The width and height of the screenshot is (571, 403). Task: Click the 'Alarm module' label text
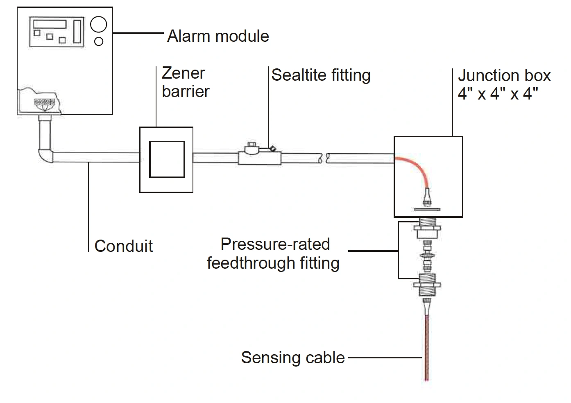coord(218,36)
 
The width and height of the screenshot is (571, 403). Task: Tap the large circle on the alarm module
coord(98,25)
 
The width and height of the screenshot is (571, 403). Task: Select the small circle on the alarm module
coord(99,41)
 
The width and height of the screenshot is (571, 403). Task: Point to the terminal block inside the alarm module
coord(44,102)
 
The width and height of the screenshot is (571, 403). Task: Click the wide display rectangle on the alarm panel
coord(50,23)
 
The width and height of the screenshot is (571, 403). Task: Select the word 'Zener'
coord(183,73)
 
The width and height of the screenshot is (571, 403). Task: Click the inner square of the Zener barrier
coord(167,159)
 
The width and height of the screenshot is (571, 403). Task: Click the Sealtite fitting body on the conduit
coord(259,157)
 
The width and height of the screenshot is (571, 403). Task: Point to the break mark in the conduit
coord(324,158)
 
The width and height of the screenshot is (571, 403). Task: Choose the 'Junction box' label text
coord(504,76)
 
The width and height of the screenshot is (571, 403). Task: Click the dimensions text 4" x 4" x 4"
coord(498,94)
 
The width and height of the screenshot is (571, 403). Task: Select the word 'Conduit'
coord(124,246)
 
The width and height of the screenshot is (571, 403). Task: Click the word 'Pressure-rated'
coord(275,244)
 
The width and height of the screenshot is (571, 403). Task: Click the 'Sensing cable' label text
coord(293,358)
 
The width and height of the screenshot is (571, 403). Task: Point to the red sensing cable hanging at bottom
coord(426,348)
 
